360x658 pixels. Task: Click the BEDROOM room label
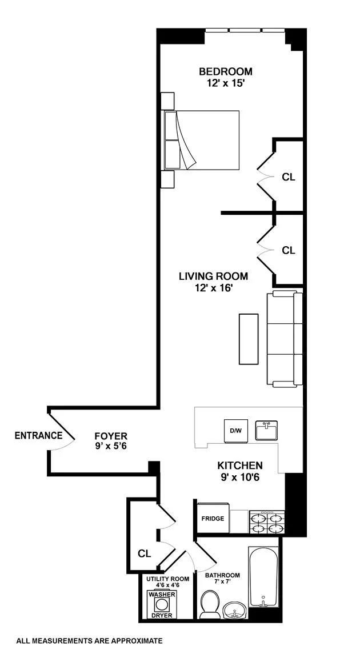(225, 71)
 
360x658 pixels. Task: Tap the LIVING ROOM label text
(213, 276)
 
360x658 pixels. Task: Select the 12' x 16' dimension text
(213, 288)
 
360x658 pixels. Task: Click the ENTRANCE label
(38, 435)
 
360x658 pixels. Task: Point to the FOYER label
(111, 436)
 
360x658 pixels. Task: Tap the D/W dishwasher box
(235, 431)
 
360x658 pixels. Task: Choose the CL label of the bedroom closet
(289, 177)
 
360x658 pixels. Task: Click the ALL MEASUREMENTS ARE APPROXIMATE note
(90, 641)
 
